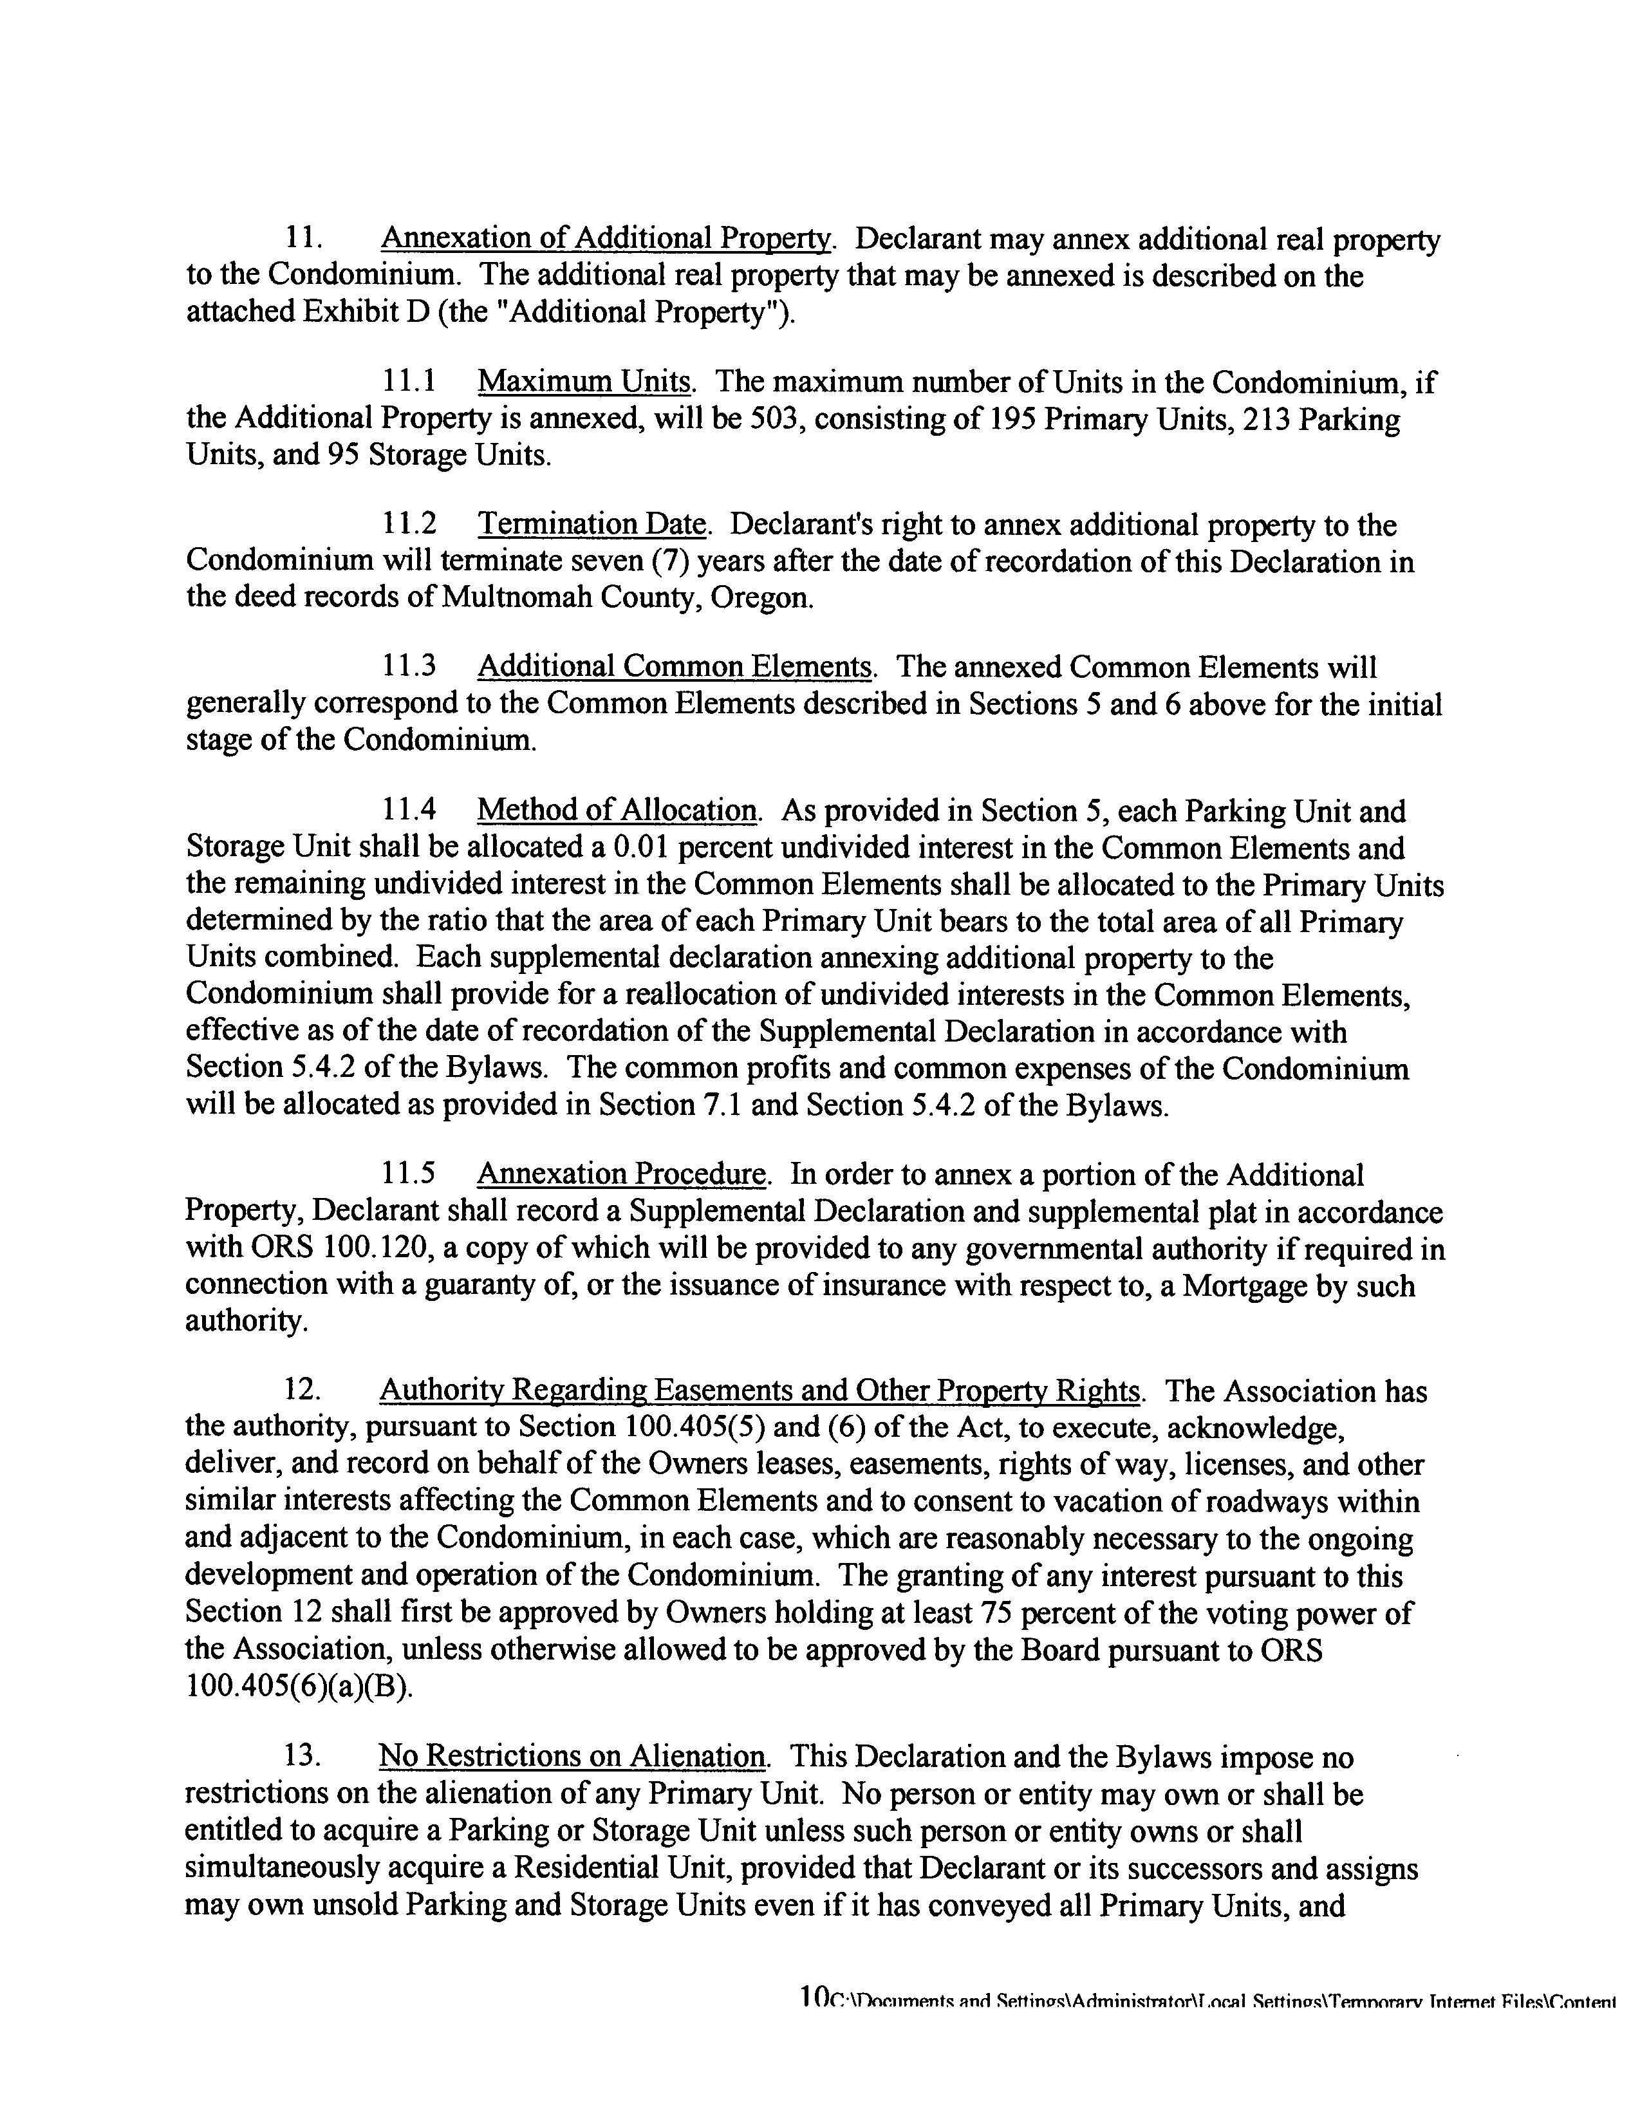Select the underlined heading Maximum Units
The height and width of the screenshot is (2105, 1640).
[x=584, y=382]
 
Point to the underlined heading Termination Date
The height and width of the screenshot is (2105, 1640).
[x=593, y=525]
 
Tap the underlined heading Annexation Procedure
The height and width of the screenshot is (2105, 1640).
[x=622, y=1174]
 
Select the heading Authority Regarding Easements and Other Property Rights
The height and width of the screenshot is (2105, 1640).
[x=759, y=1391]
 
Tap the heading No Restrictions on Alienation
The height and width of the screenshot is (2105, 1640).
[x=572, y=1756]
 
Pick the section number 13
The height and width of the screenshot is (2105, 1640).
[x=302, y=1756]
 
